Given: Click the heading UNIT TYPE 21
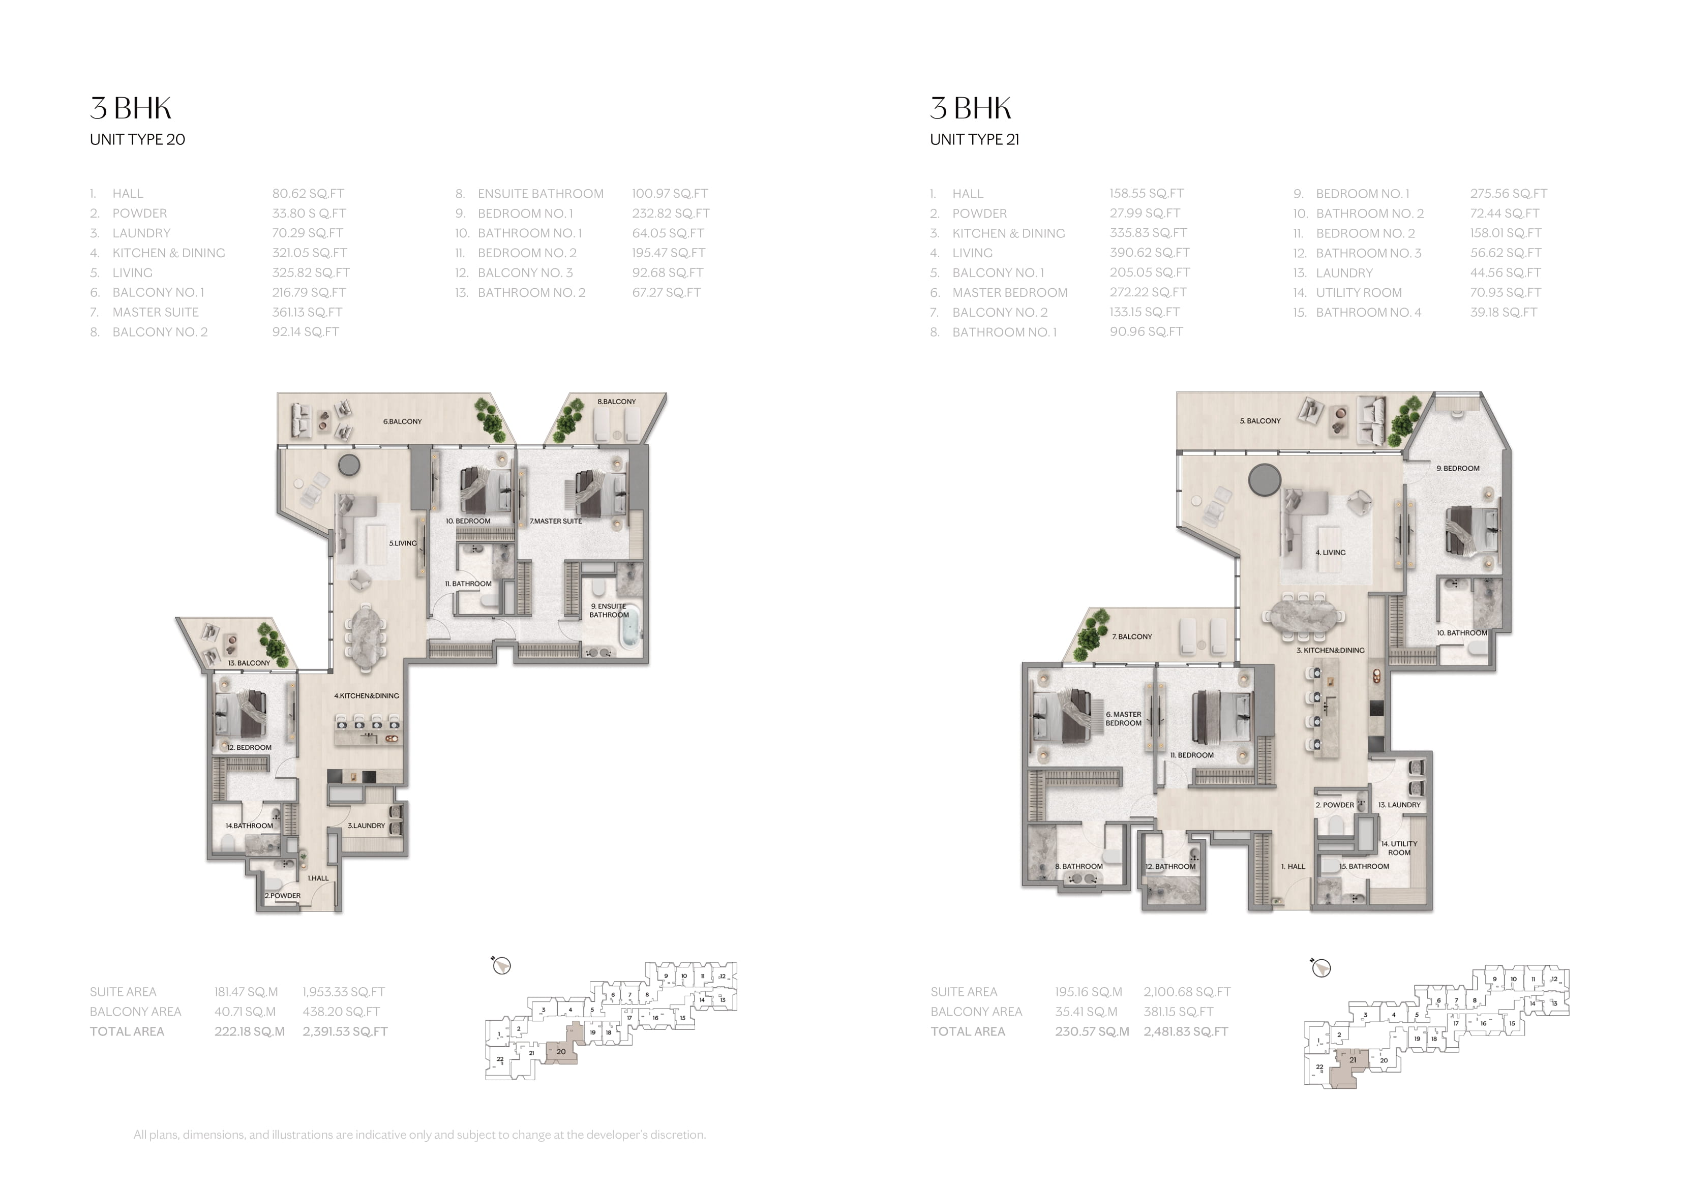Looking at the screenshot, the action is pyautogui.click(x=974, y=139).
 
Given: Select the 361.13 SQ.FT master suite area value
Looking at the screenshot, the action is pyautogui.click(x=307, y=312).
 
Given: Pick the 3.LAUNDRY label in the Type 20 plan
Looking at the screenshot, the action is pyautogui.click(x=366, y=826).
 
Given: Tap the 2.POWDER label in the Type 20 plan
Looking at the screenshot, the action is pyautogui.click(x=282, y=895).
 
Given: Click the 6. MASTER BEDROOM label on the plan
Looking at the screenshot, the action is pyautogui.click(x=1124, y=719).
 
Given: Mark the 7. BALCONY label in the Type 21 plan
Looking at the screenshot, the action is pyautogui.click(x=1132, y=636).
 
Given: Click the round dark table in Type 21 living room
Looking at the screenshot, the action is pyautogui.click(x=1265, y=480).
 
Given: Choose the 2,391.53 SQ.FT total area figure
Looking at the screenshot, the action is pyautogui.click(x=345, y=1031).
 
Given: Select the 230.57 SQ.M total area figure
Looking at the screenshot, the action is pyautogui.click(x=1092, y=1031).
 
